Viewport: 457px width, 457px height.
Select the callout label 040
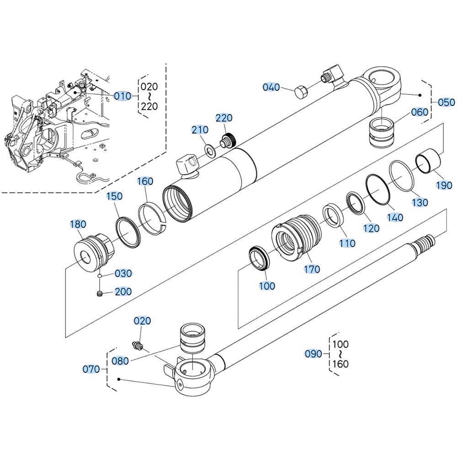pos(271,86)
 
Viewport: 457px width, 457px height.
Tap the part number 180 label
pos(78,224)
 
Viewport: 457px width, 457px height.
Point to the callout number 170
pos(313,269)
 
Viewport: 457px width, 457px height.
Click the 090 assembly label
pos(314,354)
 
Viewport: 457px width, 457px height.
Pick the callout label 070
pos(91,369)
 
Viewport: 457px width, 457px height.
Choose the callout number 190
pos(443,186)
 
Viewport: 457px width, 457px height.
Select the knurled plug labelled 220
pos(227,140)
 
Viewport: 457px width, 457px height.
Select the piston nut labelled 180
pos(93,252)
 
